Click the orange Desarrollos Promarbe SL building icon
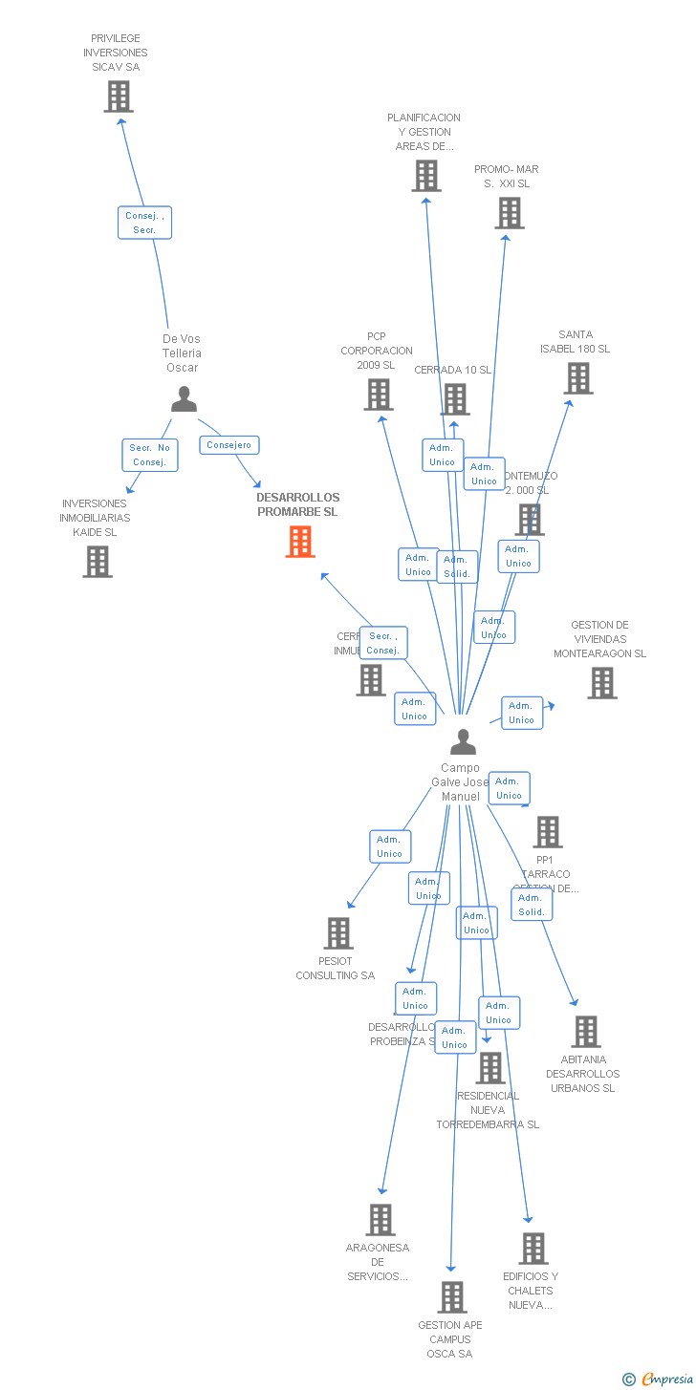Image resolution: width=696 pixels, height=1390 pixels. (x=300, y=542)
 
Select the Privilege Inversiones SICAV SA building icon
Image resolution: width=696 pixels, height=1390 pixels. (x=119, y=96)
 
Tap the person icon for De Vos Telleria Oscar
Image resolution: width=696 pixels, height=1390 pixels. (x=184, y=399)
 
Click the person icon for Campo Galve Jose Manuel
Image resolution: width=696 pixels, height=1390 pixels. (x=463, y=741)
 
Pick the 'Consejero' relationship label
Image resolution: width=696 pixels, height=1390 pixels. (x=229, y=445)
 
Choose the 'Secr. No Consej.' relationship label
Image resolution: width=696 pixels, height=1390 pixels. (x=150, y=455)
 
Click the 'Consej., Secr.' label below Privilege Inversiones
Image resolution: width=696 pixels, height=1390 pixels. (x=144, y=223)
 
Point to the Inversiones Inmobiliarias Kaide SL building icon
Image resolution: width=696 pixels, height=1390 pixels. (x=97, y=562)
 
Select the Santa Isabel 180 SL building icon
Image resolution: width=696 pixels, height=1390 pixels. (x=577, y=378)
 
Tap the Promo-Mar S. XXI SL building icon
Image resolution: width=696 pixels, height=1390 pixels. (x=510, y=213)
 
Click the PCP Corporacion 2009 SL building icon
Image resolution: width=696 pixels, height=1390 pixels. (x=379, y=394)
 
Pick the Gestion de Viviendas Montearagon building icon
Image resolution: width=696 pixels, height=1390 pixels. (x=601, y=683)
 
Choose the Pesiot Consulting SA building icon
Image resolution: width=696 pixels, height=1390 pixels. (x=337, y=933)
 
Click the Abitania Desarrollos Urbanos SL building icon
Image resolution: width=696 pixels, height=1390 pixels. (x=585, y=1032)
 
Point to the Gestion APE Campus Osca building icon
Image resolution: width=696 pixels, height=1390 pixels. (x=452, y=1297)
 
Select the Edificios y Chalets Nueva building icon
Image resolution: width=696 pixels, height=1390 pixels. (x=533, y=1249)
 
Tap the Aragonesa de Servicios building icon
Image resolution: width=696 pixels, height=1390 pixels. (x=381, y=1220)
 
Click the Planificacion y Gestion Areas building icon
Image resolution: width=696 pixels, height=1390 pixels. (x=426, y=176)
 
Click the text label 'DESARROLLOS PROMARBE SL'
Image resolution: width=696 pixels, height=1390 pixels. (x=297, y=504)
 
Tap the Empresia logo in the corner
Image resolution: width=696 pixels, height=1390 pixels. (x=659, y=1379)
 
